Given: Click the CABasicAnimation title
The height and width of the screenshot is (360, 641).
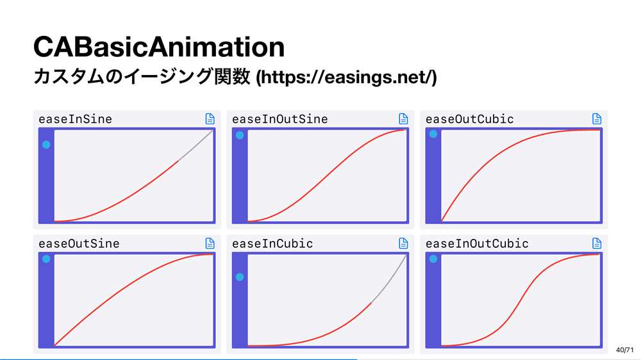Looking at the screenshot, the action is click(x=158, y=47).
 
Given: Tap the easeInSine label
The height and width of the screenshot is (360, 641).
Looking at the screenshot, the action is click(x=75, y=119).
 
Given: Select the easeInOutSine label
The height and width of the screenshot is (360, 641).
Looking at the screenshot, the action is click(x=280, y=119).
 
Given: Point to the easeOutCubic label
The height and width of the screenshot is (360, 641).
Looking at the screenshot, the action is click(x=470, y=119).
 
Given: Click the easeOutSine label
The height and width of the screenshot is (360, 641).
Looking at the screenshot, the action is click(x=79, y=243).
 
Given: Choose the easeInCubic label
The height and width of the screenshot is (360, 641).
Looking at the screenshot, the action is click(x=272, y=243).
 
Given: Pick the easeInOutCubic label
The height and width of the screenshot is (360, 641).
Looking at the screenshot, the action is click(x=477, y=243).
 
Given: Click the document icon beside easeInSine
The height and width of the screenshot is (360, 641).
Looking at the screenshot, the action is click(x=210, y=119).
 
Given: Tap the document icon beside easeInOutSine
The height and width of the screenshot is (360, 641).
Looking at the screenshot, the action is click(x=403, y=119).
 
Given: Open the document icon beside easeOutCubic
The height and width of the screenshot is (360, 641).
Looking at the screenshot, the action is click(x=597, y=119).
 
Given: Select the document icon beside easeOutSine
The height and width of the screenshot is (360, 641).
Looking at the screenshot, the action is click(x=210, y=243).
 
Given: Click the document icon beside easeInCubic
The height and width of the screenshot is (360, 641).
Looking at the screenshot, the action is click(x=403, y=243).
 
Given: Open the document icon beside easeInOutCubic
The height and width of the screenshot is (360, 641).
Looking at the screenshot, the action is click(x=597, y=243).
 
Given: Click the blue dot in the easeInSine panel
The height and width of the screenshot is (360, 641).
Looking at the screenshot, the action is click(x=46, y=145).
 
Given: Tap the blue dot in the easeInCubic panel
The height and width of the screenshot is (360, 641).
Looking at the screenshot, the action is click(x=240, y=277).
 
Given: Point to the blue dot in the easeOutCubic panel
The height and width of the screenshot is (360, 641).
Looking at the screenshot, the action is click(x=433, y=134).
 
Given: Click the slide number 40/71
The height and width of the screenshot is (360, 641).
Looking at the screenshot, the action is click(x=624, y=350).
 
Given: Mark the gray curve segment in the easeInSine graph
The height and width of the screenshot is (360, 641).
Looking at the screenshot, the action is click(x=196, y=146).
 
